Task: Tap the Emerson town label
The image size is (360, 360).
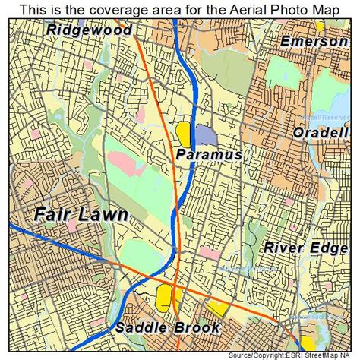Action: [x=313, y=41]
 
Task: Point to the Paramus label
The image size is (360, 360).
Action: [x=209, y=154]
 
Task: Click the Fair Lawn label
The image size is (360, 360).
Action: [x=80, y=215]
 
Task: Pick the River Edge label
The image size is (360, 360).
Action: [x=305, y=248]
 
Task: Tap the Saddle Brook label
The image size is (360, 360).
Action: [x=168, y=328]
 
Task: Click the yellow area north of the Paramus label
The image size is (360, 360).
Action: [x=184, y=133]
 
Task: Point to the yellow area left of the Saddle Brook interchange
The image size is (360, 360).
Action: [x=163, y=298]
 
